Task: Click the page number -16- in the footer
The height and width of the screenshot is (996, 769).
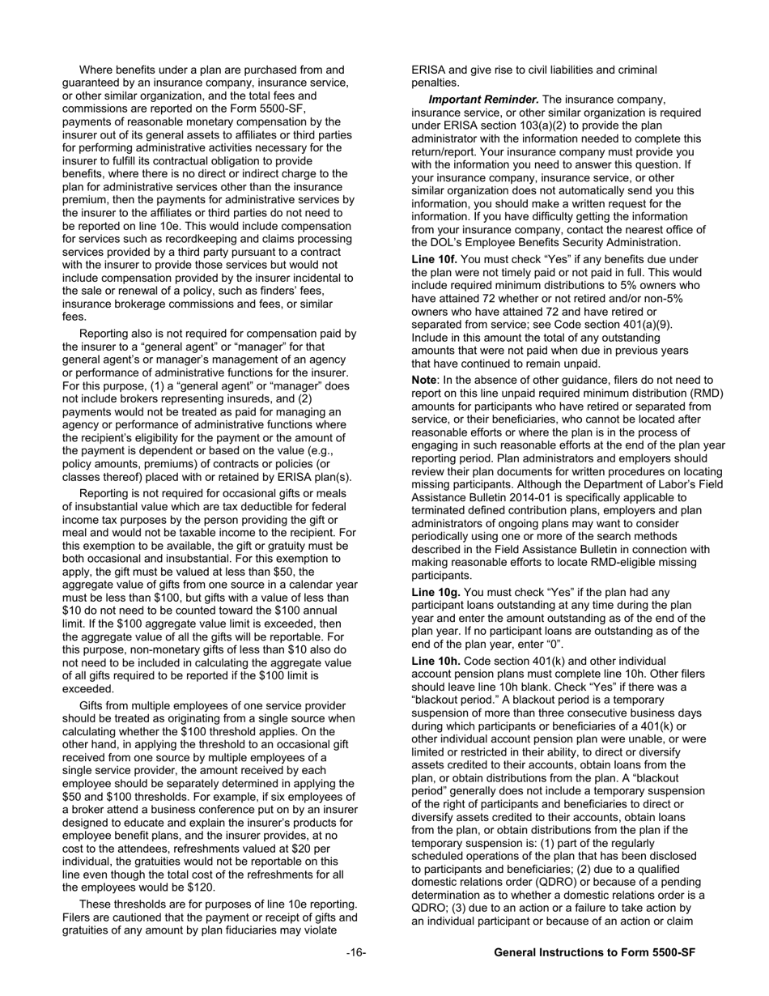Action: (356, 953)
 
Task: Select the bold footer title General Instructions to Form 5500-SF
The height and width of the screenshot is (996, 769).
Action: (595, 953)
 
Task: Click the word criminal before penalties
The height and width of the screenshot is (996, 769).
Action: (635, 70)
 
